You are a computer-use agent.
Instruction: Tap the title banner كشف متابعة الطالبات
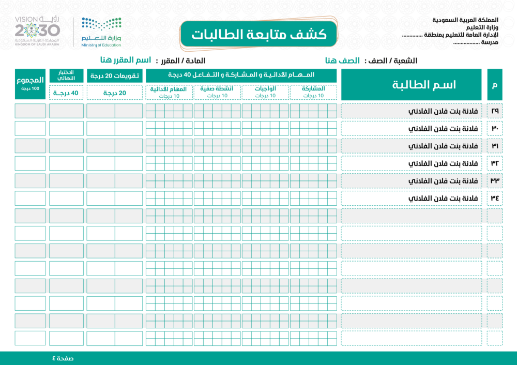point(258,34)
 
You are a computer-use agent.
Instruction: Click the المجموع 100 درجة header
point(30,84)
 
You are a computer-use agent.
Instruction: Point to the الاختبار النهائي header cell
point(66,75)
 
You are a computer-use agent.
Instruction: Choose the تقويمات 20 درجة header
point(114,76)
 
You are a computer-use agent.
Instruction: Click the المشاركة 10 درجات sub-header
point(313,92)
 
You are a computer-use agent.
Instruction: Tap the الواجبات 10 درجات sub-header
point(266,92)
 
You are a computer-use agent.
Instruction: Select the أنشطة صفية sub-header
point(217,92)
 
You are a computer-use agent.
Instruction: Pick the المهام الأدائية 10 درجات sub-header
point(169,92)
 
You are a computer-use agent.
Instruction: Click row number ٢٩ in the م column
point(495,111)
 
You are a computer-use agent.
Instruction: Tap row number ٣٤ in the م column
point(495,199)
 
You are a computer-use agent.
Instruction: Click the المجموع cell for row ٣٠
point(30,128)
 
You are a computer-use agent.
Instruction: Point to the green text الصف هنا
point(343,60)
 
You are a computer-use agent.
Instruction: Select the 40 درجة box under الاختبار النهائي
point(66,93)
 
